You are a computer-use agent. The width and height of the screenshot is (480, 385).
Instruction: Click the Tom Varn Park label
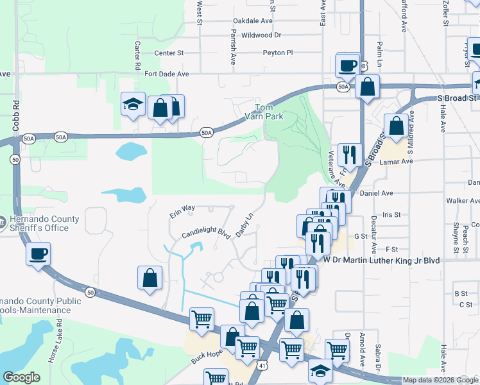click(x=270, y=112)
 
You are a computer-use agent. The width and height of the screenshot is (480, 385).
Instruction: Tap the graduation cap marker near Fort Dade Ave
click(x=133, y=105)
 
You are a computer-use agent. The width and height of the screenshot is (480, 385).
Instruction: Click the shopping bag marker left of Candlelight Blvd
click(x=150, y=278)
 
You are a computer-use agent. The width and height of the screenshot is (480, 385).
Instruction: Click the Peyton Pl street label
click(x=277, y=53)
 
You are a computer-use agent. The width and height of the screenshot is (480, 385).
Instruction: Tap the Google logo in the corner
click(x=21, y=377)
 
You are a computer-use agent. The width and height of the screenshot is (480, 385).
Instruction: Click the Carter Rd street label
click(x=137, y=56)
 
